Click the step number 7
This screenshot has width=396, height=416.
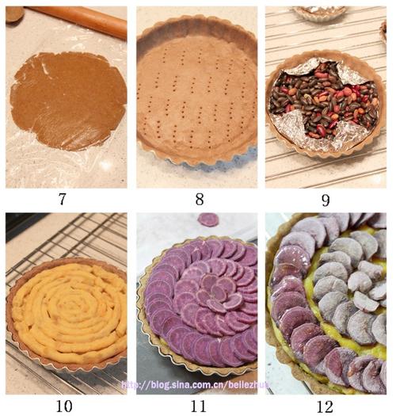(x=62, y=199)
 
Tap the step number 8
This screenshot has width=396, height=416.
(x=200, y=199)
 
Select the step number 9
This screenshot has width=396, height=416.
(x=326, y=200)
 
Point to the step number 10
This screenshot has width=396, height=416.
(x=64, y=406)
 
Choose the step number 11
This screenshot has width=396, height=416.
(x=199, y=406)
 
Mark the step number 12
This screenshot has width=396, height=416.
(x=326, y=406)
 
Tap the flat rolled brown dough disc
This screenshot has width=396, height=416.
(x=67, y=101)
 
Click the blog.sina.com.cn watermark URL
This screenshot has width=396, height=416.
(x=196, y=384)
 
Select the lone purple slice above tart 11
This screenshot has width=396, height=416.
(x=208, y=219)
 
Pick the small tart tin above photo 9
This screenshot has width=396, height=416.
(x=320, y=13)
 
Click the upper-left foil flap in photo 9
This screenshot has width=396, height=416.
(x=303, y=67)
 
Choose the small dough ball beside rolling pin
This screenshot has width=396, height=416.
(x=14, y=14)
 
